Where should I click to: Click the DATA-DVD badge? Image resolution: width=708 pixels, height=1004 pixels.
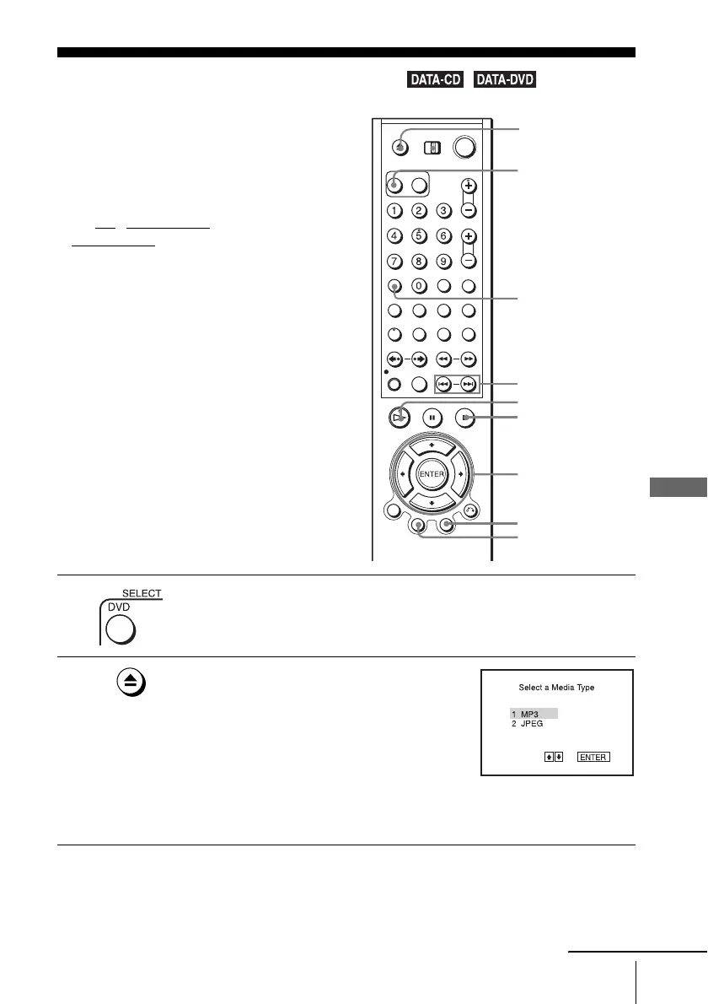[x=506, y=81]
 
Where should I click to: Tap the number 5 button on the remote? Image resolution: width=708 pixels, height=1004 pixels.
[x=420, y=237]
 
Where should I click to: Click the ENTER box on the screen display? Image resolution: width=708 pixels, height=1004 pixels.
[x=593, y=757]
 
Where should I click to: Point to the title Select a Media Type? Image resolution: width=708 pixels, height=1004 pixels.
[x=556, y=688]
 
